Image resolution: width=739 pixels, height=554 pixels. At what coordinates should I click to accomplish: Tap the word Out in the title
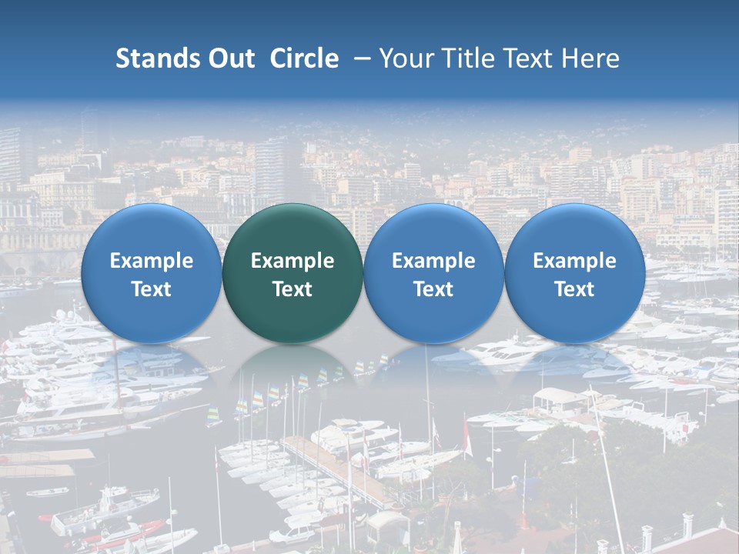point(231,58)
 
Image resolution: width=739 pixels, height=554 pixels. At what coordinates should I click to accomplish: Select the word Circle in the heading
point(304,58)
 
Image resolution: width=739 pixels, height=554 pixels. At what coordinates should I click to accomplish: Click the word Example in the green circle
point(293,261)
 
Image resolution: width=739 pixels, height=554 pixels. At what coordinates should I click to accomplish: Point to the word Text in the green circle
point(293,289)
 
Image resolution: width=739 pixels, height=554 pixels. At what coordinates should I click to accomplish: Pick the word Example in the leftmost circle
point(151,261)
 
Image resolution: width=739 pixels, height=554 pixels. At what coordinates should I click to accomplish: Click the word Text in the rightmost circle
point(574,289)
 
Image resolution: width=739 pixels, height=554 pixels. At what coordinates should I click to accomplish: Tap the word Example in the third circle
point(433,261)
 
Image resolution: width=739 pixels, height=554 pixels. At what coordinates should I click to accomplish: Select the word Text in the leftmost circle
point(151,289)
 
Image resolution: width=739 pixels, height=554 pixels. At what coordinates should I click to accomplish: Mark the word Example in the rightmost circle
point(574,261)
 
